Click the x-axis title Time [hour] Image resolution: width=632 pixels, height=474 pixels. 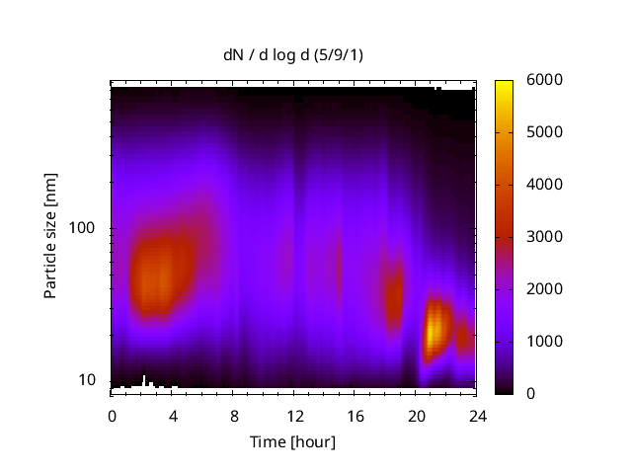pyautogui.click(x=292, y=441)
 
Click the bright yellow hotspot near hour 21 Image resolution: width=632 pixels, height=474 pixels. pyautogui.click(x=434, y=329)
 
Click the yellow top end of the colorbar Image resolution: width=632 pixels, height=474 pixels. pyautogui.click(x=504, y=84)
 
